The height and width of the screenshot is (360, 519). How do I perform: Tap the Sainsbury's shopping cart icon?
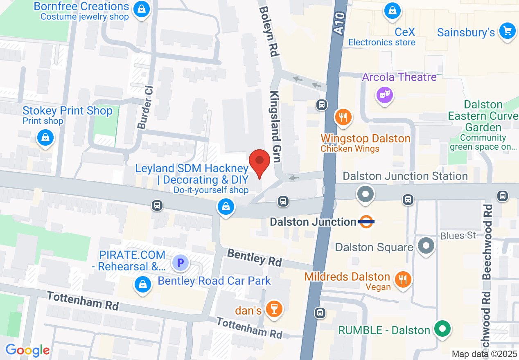click(x=508, y=31)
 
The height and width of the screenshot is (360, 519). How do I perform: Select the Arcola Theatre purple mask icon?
click(x=384, y=95)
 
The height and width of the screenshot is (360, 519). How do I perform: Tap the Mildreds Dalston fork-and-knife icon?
click(x=403, y=280)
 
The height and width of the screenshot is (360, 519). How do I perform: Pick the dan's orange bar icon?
click(x=274, y=309)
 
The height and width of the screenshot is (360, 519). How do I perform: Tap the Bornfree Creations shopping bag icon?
click(x=141, y=9)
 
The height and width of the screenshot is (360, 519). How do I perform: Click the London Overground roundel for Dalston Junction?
click(x=366, y=222)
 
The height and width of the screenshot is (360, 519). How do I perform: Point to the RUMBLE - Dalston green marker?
click(x=442, y=329)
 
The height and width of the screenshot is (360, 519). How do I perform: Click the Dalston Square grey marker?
click(x=426, y=246)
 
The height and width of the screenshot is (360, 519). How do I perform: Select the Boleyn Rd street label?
click(x=269, y=31)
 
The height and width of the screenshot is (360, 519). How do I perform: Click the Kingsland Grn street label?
click(x=275, y=127)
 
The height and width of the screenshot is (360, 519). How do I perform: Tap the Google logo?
click(x=27, y=350)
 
